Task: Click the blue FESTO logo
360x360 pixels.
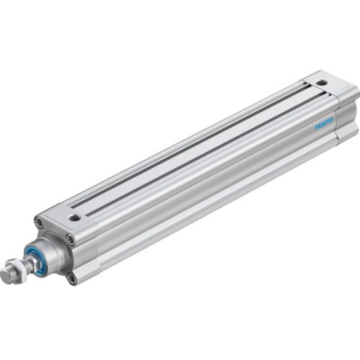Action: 324,122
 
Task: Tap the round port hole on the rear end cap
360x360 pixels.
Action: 321,83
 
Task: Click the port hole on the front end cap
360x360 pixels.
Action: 75,216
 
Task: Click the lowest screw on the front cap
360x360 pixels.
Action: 73,276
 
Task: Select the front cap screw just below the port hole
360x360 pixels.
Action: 70,238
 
